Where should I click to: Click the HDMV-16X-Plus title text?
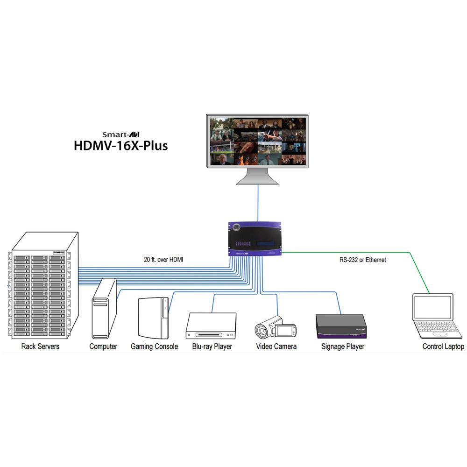tap(120, 145)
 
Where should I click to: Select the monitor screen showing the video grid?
tap(258, 142)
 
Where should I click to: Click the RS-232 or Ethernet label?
tap(362, 260)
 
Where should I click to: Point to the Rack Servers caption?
tap(41, 347)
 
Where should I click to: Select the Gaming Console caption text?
tap(154, 347)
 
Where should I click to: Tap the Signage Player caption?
tap(343, 347)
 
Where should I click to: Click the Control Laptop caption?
tap(443, 347)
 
